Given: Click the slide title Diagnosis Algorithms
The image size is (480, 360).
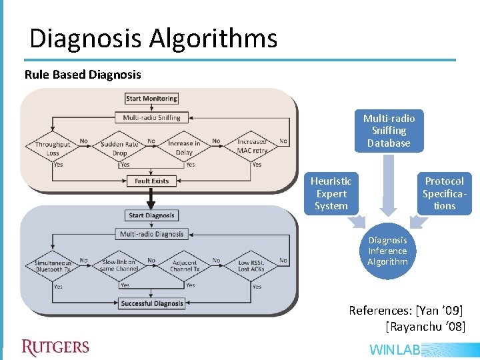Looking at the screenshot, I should click(153, 39).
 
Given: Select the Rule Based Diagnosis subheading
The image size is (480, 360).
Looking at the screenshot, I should click(83, 75).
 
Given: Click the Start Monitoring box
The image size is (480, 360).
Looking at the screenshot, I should click(152, 99).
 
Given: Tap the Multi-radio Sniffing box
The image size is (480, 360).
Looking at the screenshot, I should click(152, 118).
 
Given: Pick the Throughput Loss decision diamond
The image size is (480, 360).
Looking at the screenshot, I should click(53, 148).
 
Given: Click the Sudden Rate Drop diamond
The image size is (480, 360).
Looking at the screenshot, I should click(119, 148).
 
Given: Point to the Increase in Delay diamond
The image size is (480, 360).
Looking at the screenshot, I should click(185, 148).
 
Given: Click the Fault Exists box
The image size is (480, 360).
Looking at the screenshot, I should click(152, 181).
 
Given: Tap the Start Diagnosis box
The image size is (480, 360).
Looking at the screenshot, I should click(152, 215).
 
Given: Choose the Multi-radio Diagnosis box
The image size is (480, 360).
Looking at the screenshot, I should click(152, 234).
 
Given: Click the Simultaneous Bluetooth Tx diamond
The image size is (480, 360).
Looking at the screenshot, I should click(53, 267).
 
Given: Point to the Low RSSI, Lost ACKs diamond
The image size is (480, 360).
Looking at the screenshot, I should click(253, 267).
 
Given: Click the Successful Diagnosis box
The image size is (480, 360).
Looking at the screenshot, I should click(152, 303).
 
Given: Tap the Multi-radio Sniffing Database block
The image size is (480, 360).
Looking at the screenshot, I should click(389, 131).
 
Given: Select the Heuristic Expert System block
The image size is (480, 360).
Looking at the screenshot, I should click(331, 193).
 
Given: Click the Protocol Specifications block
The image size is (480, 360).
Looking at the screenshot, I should click(445, 193).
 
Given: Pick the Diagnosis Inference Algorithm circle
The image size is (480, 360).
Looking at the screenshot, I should click(387, 251).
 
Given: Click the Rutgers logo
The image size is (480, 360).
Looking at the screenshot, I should click(55, 347).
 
